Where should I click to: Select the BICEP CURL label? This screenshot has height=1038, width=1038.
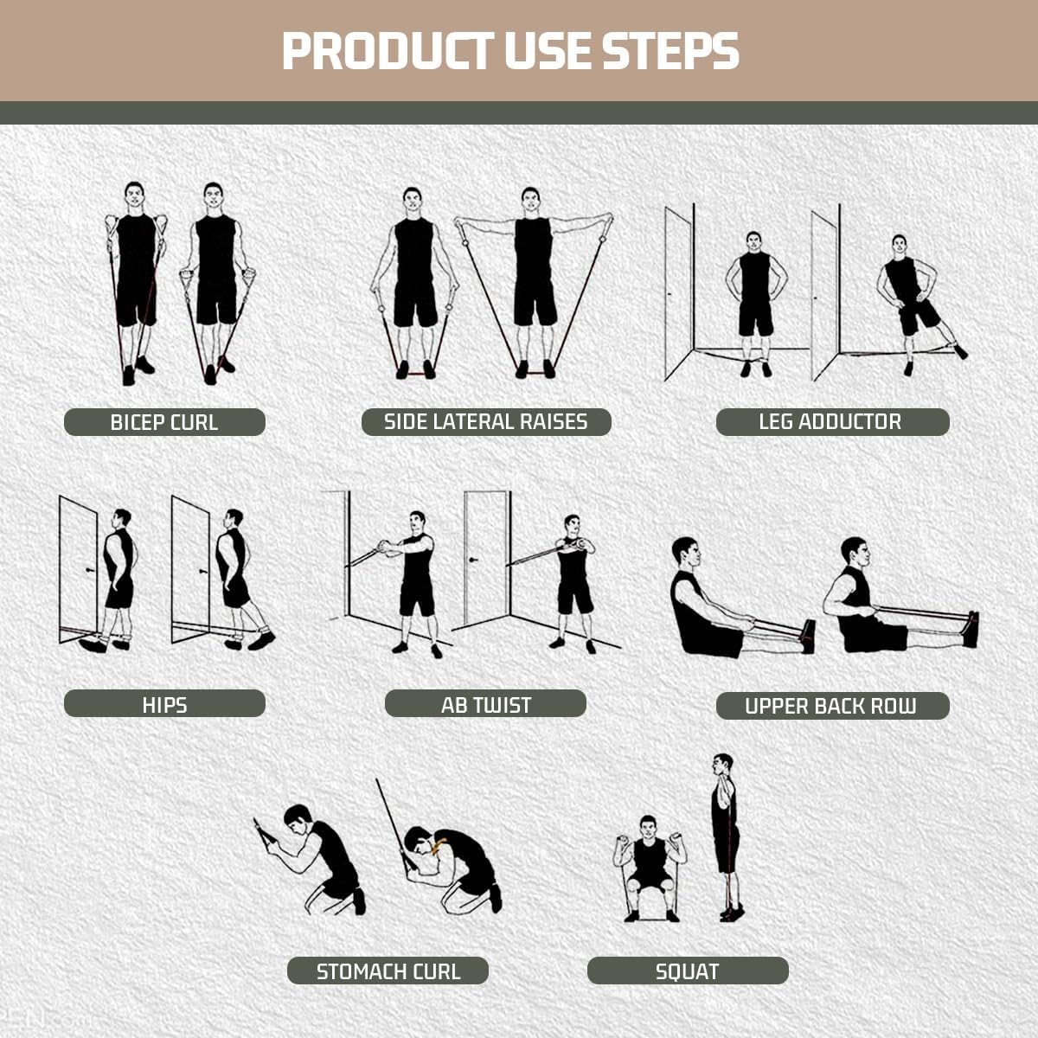point(164,422)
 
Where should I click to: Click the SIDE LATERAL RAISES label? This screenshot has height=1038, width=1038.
point(486,422)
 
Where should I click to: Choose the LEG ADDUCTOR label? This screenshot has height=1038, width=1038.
point(831,422)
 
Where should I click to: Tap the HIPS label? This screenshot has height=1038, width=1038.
point(164,704)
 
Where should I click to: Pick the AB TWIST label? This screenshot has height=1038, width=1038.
point(485,704)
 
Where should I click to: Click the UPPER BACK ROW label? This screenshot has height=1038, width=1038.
point(831,706)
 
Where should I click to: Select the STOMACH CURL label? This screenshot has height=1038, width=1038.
point(388,971)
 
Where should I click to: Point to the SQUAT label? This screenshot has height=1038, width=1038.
point(688,971)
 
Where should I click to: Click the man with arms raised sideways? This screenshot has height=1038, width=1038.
point(533,277)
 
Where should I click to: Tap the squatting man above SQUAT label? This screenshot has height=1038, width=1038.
point(650,865)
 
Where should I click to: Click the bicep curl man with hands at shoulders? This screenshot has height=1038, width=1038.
point(136,277)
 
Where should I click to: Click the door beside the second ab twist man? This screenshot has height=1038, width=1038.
point(485,558)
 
